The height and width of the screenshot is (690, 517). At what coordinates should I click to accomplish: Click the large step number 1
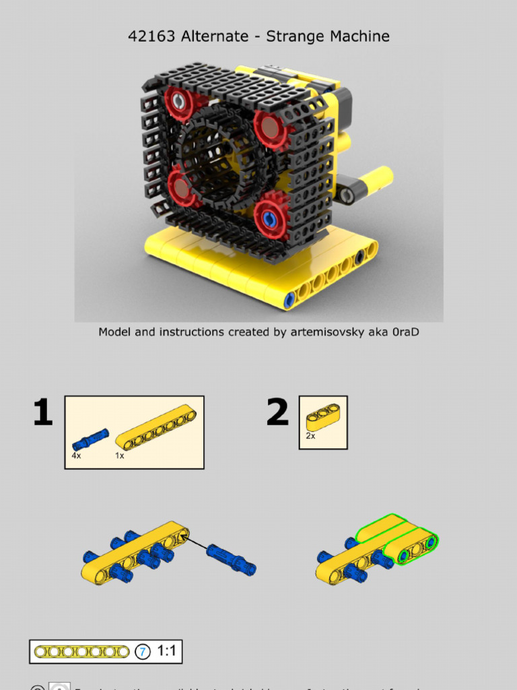pyautogui.click(x=42, y=412)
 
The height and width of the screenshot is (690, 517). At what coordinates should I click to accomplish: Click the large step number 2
pyautogui.click(x=277, y=412)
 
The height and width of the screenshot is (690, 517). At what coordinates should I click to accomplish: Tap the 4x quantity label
pyautogui.click(x=76, y=456)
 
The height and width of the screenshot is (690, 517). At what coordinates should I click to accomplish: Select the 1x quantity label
pyautogui.click(x=119, y=456)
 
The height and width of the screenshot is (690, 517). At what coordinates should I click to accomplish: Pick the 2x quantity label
pyautogui.click(x=310, y=436)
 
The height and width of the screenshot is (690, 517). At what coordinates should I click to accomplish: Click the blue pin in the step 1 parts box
pyautogui.click(x=90, y=439)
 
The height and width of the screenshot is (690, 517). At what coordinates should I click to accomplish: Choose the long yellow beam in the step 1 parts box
pyautogui.click(x=156, y=428)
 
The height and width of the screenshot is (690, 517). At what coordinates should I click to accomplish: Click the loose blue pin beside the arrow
pyautogui.click(x=231, y=560)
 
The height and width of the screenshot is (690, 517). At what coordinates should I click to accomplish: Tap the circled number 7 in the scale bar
pyautogui.click(x=142, y=652)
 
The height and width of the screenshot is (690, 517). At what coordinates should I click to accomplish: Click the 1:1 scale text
pyautogui.click(x=166, y=652)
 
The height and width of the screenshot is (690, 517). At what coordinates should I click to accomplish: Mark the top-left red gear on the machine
pyautogui.click(x=179, y=102)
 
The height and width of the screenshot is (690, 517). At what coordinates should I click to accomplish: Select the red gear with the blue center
pyautogui.click(x=271, y=217)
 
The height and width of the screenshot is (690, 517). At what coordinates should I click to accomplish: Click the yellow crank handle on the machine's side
pyautogui.click(x=374, y=180)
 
